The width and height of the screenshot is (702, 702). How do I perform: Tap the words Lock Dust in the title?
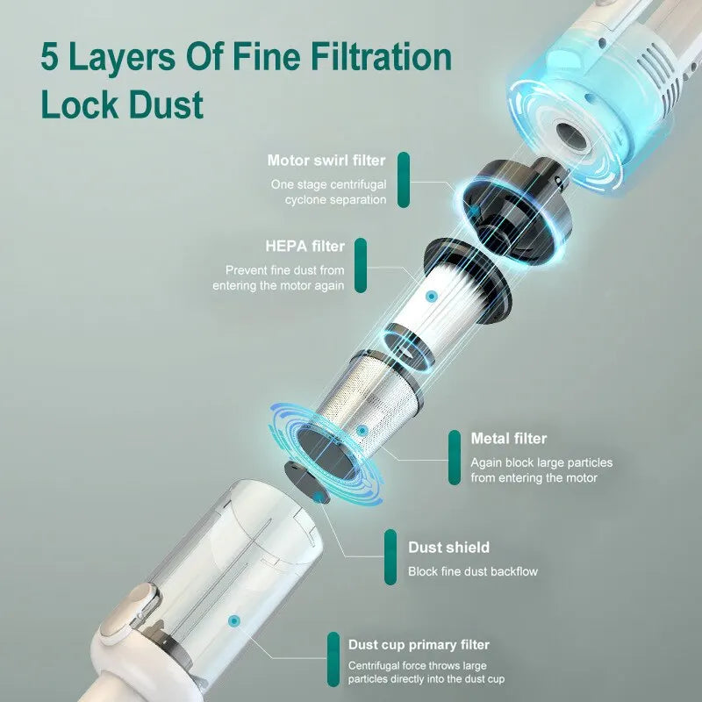122,104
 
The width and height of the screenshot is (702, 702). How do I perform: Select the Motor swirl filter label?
326,161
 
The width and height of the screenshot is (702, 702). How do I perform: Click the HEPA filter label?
304,246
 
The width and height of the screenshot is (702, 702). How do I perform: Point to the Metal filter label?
508,438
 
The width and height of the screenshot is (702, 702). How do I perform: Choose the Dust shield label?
448,548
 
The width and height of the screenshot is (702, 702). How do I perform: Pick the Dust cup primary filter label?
419,645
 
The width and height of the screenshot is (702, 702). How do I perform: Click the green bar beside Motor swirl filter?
404,181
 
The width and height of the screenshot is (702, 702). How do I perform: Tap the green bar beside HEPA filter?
362,265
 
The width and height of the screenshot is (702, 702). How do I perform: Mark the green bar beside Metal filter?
454,457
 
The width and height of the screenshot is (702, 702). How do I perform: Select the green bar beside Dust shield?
390,558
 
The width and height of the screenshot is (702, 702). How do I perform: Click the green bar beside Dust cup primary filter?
333,660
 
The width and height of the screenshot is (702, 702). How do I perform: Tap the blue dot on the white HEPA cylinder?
431,297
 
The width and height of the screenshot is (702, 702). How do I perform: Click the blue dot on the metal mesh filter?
362,431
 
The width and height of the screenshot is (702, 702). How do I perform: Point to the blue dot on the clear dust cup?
233,620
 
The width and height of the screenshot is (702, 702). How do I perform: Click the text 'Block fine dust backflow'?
472,571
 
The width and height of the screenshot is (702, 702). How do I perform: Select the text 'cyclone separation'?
335,200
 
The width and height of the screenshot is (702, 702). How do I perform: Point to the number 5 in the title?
52,58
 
